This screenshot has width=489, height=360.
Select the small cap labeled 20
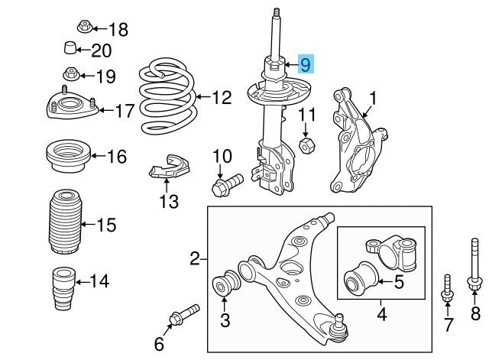pos(70,51)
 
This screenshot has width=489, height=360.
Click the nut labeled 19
pos(70,75)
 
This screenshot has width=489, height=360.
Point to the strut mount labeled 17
pos(70,108)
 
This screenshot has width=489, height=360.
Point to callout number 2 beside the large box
pos(194,260)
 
